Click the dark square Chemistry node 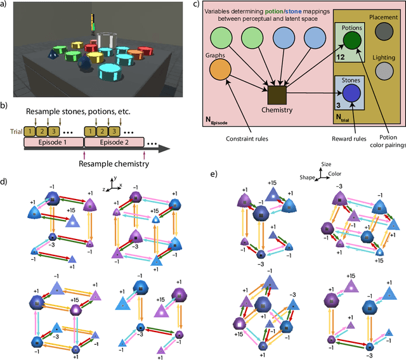click(276, 96)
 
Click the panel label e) click(214, 173)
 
